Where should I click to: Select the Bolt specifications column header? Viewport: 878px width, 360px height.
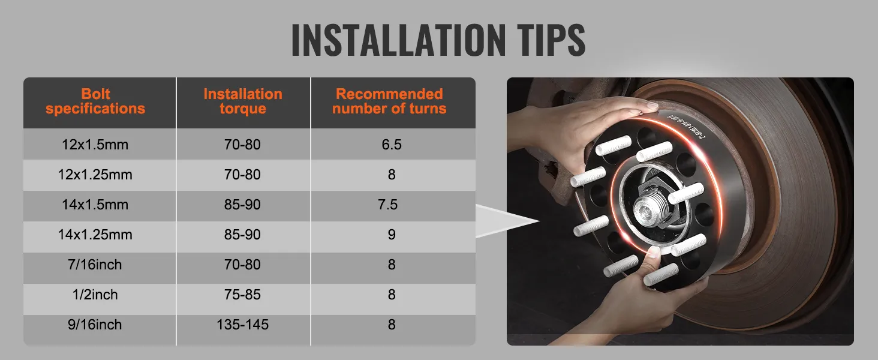(x=95, y=101)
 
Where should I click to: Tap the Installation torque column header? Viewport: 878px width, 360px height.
(x=243, y=101)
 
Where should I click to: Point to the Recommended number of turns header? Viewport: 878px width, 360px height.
(x=390, y=101)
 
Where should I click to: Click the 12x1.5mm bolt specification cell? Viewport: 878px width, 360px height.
(x=95, y=145)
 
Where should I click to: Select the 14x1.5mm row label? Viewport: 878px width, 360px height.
(x=95, y=205)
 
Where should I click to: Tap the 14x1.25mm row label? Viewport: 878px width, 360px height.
(x=95, y=235)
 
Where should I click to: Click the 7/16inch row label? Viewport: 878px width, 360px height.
(x=95, y=265)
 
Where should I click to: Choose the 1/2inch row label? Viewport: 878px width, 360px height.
(x=95, y=295)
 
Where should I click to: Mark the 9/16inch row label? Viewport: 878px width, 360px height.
(x=95, y=325)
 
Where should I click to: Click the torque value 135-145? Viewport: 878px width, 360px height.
(x=243, y=325)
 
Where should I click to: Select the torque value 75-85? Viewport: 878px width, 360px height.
(x=243, y=295)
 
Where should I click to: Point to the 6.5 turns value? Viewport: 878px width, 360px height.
(x=392, y=145)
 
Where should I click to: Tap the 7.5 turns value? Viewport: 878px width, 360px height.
(x=388, y=205)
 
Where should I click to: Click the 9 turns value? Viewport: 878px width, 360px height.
(x=392, y=235)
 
